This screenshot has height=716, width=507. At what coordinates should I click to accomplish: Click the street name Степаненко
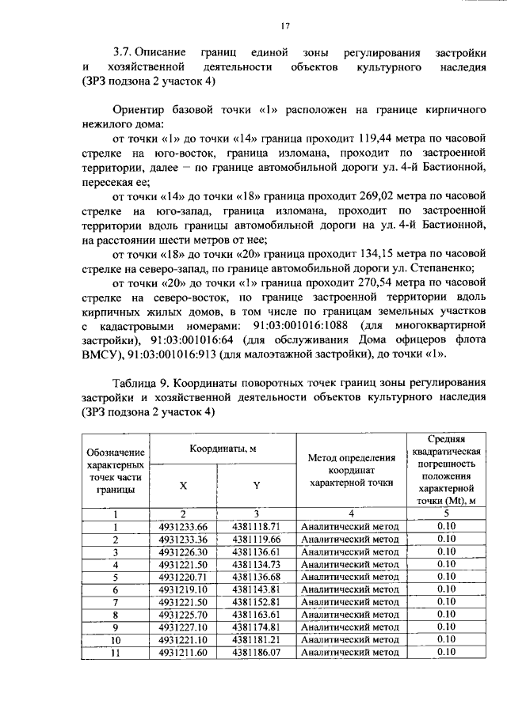click(x=436, y=267)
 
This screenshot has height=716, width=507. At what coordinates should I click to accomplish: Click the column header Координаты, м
click(x=223, y=448)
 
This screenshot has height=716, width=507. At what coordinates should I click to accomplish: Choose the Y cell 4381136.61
click(x=257, y=551)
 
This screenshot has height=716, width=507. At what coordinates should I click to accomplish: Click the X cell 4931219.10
click(x=183, y=589)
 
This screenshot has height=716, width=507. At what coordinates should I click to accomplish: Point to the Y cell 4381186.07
click(x=257, y=652)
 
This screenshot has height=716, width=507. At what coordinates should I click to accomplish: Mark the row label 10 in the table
click(x=116, y=639)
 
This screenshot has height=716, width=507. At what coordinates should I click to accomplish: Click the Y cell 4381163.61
click(x=257, y=614)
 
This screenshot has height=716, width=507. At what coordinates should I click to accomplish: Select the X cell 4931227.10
click(x=183, y=627)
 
